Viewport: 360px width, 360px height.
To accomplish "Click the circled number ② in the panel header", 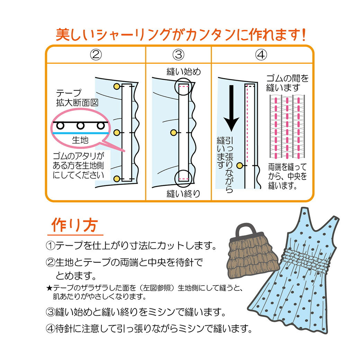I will point(96,55).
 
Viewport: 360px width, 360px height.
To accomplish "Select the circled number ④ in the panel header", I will point(262,55).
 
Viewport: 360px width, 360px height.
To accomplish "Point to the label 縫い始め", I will point(183,72).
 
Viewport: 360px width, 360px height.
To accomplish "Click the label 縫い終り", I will point(183,193).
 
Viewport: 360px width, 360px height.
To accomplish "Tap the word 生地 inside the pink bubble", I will point(80,140).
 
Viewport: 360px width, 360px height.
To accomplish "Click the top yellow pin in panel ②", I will point(117,86).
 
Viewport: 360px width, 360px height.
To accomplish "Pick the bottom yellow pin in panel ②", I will point(117,178).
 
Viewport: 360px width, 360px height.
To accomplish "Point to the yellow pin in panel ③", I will point(174,132).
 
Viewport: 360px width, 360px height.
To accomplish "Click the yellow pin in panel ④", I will point(239,166).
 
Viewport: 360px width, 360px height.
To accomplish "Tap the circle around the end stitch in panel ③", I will point(183,178).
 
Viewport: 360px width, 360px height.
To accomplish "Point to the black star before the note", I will point(49,288).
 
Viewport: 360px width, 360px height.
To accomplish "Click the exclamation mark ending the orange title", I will point(303,35).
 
